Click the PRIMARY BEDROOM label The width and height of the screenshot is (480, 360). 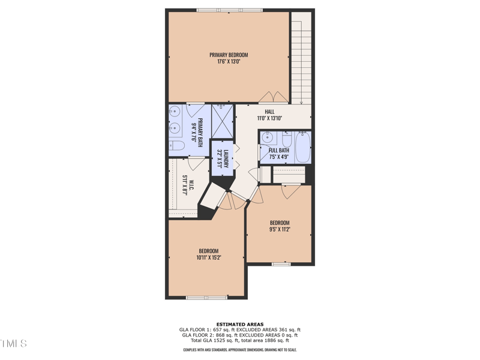(x=229, y=55)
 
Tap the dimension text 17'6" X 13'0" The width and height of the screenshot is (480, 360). (x=229, y=61)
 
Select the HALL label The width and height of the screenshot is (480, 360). (x=269, y=112)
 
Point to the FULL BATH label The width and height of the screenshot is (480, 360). (x=279, y=151)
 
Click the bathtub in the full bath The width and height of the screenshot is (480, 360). (x=303, y=147)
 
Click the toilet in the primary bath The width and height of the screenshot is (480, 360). (x=176, y=145)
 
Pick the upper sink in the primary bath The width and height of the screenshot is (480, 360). (x=176, y=111)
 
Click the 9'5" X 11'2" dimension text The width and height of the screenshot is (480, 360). (x=279, y=229)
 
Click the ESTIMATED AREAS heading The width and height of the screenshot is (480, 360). (x=239, y=325)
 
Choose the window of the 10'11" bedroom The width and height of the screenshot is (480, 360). (x=206, y=298)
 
